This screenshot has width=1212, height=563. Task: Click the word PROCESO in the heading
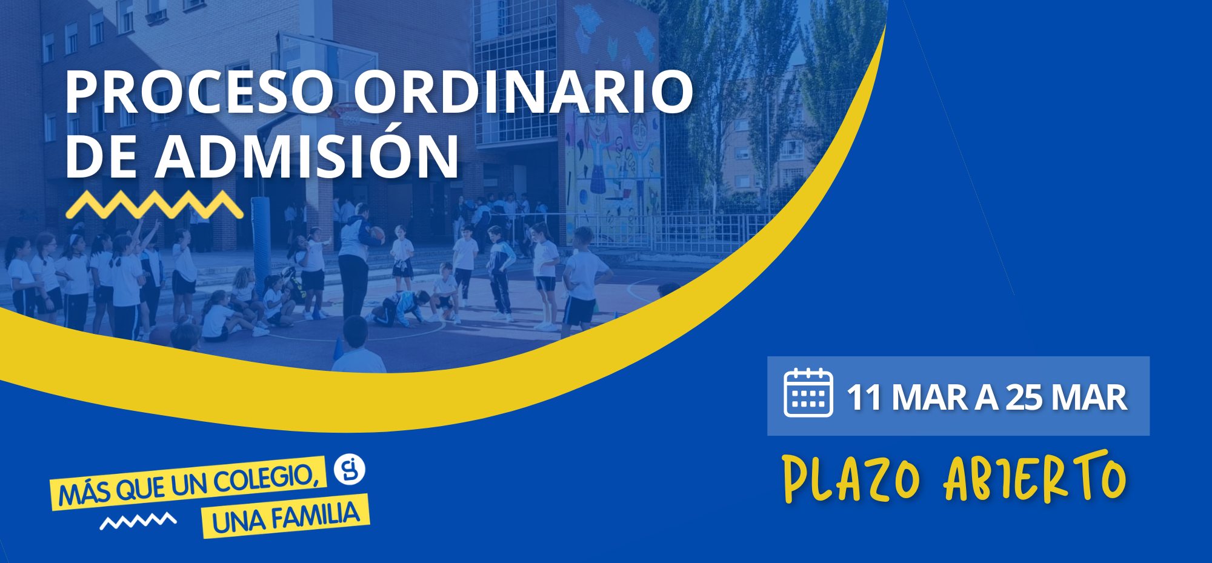[x=199, y=92]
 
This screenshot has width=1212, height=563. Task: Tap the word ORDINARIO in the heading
[x=524, y=92]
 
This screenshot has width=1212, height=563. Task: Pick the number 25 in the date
[x=1025, y=398]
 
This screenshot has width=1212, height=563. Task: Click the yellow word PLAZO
[x=851, y=479]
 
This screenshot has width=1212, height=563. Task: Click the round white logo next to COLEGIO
[x=350, y=469]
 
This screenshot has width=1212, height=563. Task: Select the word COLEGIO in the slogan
[x=266, y=479]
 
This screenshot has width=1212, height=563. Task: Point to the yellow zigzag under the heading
[x=155, y=204]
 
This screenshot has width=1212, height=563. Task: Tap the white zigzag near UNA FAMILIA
[x=138, y=521]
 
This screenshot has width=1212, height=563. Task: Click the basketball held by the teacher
[x=377, y=234]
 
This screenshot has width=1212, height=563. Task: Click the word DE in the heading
[x=101, y=156]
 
